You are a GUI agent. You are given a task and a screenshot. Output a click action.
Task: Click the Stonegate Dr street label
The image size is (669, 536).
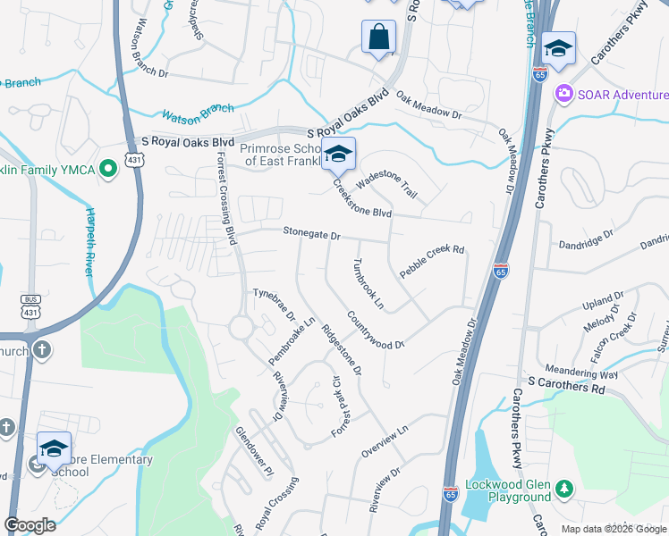312,234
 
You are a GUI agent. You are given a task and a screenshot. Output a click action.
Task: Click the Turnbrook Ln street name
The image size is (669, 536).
368,284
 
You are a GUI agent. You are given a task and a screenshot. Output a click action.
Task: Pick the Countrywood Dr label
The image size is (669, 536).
377,330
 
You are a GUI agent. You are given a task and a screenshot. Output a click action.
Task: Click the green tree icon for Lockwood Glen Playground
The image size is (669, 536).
564,489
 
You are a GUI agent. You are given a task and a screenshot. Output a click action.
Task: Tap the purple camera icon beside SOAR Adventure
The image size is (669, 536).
564,93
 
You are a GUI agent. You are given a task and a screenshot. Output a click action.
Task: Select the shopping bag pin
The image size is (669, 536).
379,38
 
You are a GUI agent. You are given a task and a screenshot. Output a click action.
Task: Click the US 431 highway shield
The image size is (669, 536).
132,159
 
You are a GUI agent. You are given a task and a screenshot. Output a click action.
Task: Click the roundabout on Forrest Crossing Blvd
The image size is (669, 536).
241,327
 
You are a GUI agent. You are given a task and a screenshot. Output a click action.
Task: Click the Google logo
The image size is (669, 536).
30,525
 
